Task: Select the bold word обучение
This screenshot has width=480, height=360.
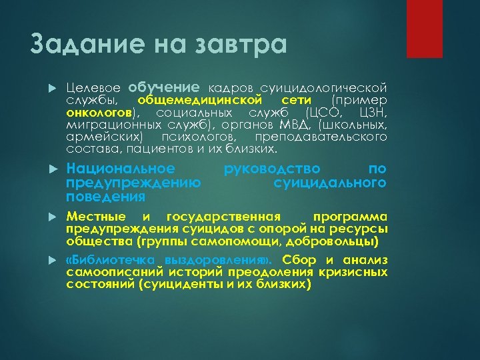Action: tap(164, 87)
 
